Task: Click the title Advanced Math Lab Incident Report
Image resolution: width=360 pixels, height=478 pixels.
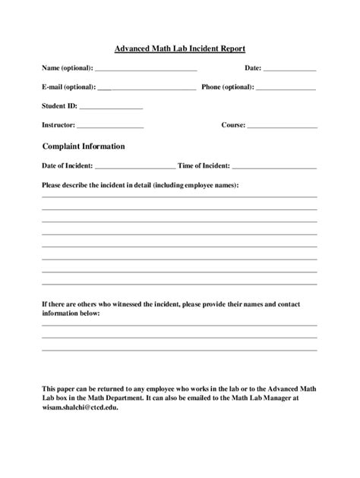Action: [180, 48]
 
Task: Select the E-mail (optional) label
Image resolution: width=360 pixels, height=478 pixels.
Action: [69, 87]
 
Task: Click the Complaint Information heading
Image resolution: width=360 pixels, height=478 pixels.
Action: [84, 146]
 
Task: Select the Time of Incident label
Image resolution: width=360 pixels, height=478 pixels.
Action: [204, 165]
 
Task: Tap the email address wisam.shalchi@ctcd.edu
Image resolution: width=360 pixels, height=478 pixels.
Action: [80, 406]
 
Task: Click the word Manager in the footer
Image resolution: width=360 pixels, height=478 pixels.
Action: [283, 397]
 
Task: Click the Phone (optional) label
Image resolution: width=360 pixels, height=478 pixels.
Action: [228, 87]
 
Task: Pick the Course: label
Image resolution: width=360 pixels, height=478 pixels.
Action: [233, 125]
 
